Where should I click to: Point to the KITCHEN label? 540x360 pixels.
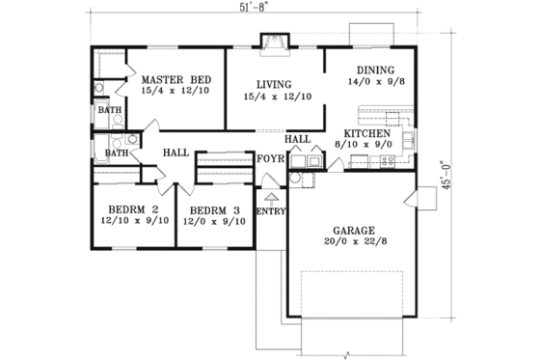tap(366, 133)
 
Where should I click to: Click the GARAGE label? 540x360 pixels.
tap(354, 231)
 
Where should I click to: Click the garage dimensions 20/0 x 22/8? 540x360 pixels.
tap(354, 243)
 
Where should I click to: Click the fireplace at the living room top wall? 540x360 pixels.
tap(274, 42)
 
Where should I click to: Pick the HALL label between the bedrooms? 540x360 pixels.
tap(175, 152)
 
